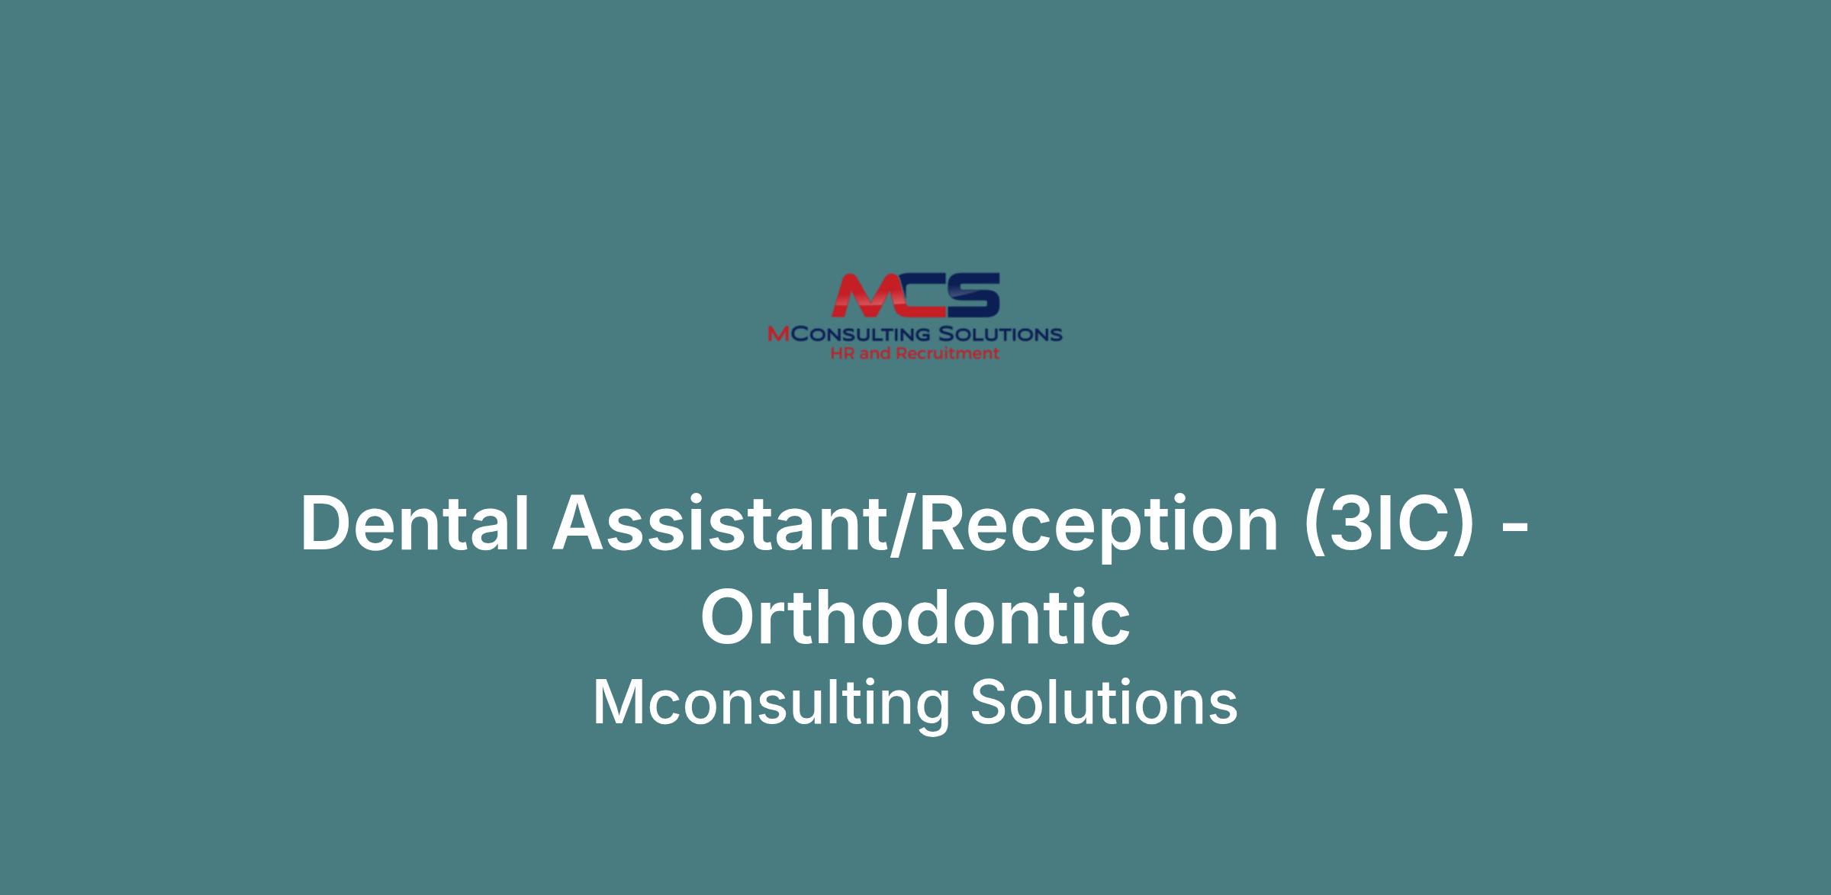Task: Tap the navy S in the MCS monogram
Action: (x=970, y=295)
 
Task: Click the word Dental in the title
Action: (x=415, y=523)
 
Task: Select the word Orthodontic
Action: (x=915, y=617)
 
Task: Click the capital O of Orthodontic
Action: (x=732, y=617)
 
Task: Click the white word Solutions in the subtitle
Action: (x=1104, y=703)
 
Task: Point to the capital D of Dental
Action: (x=330, y=524)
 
